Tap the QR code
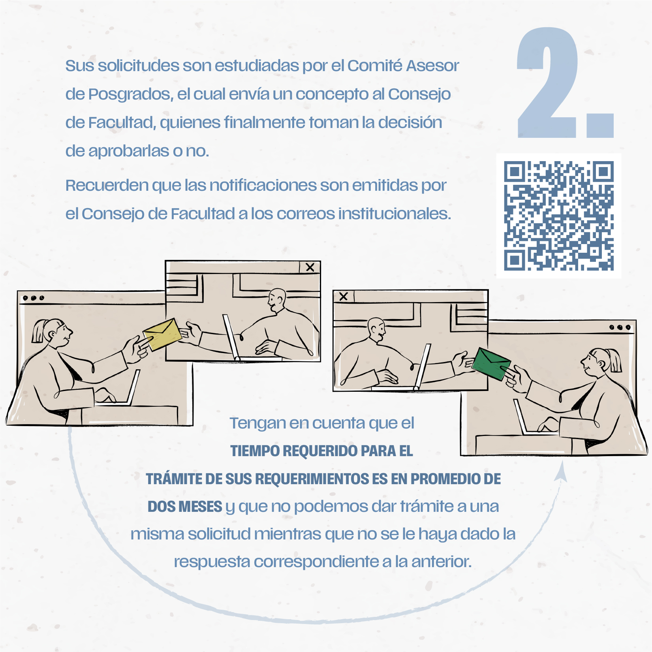click(558, 216)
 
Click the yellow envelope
click(162, 334)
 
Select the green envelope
click(491, 364)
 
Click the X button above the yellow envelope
click(310, 267)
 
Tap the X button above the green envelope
click(344, 296)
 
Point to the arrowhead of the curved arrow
click(561, 472)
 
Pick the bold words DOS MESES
click(185, 507)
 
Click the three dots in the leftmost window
click(34, 298)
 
